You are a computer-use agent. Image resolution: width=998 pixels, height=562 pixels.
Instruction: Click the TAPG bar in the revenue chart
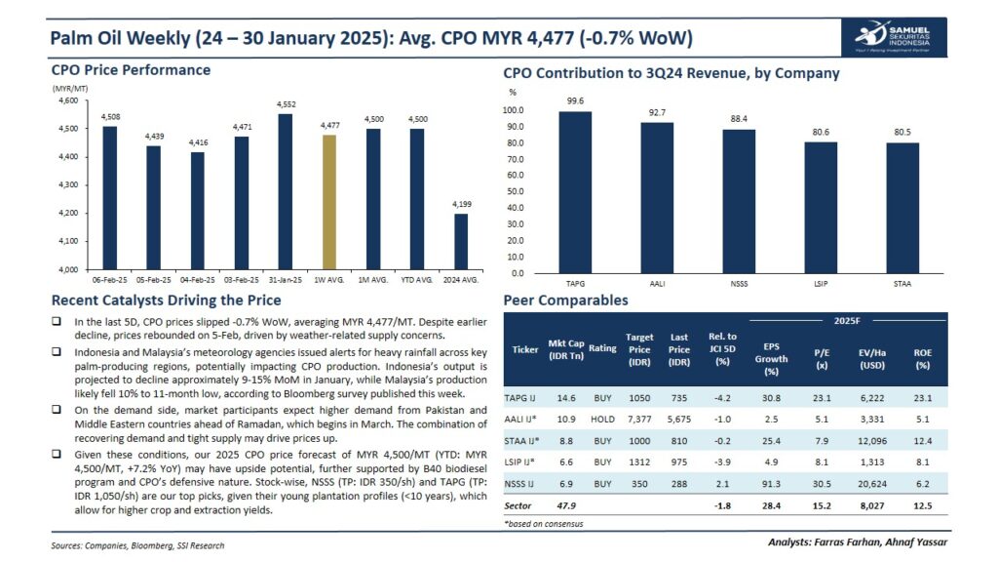[575, 192]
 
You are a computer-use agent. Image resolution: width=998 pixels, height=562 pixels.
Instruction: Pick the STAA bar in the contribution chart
[902, 208]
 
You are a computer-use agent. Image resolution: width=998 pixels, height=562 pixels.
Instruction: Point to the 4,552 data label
[286, 104]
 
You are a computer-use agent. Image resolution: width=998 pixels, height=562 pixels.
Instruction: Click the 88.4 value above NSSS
[739, 120]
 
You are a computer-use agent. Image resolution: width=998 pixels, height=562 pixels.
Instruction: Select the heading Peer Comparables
[565, 301]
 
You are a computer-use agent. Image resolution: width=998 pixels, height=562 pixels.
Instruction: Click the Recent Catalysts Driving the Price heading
[166, 301]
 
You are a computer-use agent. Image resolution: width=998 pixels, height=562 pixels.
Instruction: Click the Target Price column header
[639, 348]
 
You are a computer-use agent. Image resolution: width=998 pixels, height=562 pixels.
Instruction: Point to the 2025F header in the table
[847, 319]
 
